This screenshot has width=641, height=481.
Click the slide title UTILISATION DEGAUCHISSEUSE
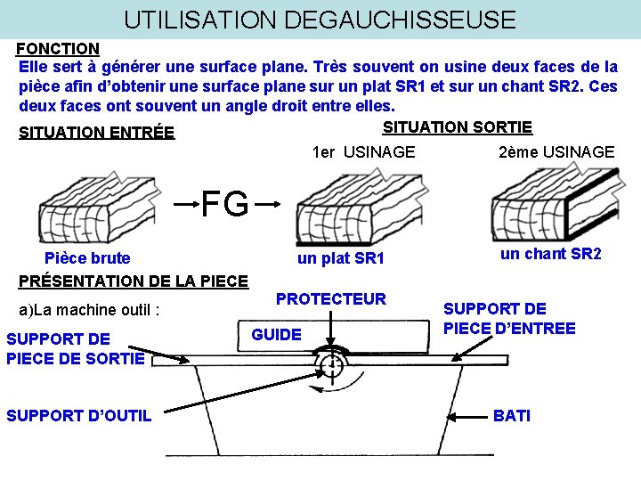(320, 19)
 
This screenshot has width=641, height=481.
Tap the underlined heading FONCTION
(59, 48)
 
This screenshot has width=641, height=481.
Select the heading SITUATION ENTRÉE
(97, 134)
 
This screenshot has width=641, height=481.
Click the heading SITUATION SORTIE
(458, 127)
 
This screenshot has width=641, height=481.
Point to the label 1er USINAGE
(363, 152)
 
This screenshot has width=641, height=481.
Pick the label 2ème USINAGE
(556, 152)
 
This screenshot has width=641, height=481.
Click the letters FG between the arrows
(224, 204)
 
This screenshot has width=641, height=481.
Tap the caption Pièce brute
(87, 258)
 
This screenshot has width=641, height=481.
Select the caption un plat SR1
(340, 258)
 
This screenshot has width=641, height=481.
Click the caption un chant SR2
(551, 254)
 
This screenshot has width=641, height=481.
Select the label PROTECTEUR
(331, 299)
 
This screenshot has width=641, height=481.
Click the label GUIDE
(277, 334)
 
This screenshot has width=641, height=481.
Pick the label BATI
(511, 416)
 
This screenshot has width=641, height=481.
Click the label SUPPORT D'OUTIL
(78, 416)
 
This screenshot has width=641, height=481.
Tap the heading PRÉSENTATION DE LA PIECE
(134, 281)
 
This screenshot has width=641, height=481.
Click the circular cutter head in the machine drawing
(332, 366)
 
